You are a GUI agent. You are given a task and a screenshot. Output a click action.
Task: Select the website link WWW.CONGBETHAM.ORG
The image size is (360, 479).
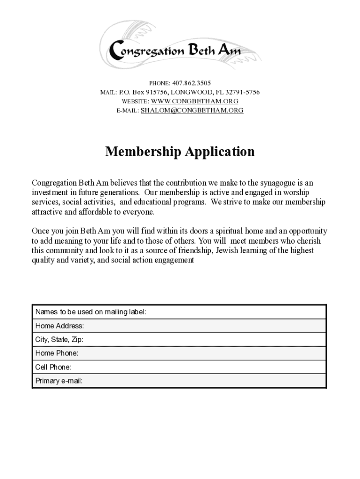pos(195,101)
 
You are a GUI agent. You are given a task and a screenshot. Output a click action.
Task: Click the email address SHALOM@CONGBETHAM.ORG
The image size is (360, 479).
pos(192,110)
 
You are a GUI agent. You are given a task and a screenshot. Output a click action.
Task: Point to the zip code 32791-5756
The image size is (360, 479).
pos(243,92)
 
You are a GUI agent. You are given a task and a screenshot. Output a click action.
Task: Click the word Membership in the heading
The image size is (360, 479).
pos(143,152)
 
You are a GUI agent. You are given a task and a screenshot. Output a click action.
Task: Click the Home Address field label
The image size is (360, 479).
pos(60,326)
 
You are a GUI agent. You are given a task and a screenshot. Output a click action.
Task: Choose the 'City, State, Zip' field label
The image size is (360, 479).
pos(59,340)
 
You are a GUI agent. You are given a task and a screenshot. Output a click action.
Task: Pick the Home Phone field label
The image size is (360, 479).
pos(57,353)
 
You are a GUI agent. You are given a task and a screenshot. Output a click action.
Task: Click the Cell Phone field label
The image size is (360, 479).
pos(53,367)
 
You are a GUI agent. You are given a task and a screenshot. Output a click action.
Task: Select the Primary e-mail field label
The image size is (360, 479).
pos(59,381)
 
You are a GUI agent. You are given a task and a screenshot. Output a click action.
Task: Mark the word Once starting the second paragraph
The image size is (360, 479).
pos(40,231)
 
